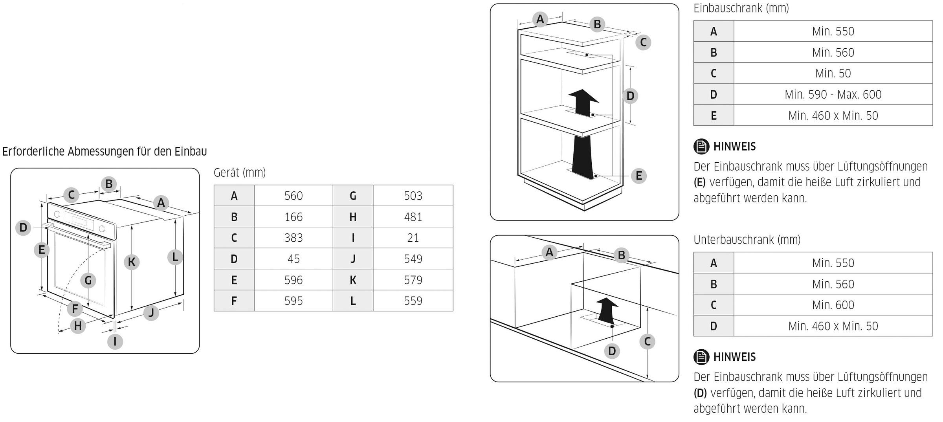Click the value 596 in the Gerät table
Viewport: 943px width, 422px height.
click(x=294, y=280)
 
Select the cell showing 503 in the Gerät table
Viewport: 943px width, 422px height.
click(x=413, y=196)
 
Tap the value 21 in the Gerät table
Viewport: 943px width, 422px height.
click(x=413, y=238)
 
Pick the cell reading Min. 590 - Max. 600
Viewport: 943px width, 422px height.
click(x=833, y=94)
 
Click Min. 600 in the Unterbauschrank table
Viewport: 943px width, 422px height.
click(x=833, y=305)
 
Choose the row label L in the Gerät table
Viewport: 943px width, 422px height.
click(x=353, y=301)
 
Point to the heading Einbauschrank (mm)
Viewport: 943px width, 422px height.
click(x=741, y=8)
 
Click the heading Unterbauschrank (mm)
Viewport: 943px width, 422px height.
click(x=747, y=240)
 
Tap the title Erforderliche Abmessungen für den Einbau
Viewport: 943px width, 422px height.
click(x=105, y=151)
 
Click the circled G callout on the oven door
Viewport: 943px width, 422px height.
click(x=88, y=281)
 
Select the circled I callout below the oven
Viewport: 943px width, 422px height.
click(x=115, y=341)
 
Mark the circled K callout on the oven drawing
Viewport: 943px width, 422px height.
click(x=132, y=262)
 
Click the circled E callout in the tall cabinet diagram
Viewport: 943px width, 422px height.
click(x=639, y=176)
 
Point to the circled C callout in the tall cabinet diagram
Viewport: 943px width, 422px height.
click(x=643, y=42)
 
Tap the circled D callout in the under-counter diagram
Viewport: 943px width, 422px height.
click(x=612, y=351)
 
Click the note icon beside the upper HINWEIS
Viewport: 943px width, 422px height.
click(x=701, y=147)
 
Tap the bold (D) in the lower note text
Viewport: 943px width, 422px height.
click(x=700, y=393)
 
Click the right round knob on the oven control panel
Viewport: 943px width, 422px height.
click(x=102, y=229)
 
